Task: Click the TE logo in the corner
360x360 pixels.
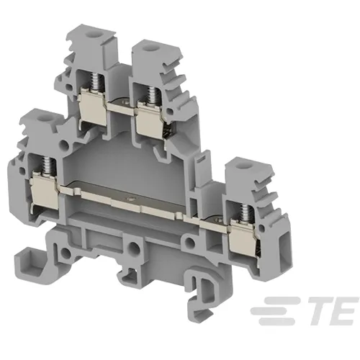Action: [305, 311]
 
